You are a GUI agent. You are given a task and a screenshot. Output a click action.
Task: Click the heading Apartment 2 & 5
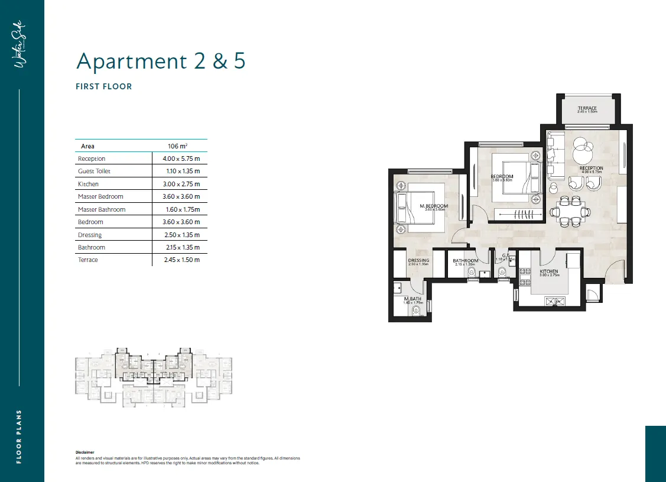coord(161,61)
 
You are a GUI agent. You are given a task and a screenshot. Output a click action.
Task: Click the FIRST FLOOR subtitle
coord(104,86)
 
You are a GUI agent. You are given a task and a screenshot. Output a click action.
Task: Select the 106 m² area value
coord(178,146)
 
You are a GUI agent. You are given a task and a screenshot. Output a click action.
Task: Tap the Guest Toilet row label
coord(94,171)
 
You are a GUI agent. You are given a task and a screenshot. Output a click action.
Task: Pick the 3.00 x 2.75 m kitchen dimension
coord(181,184)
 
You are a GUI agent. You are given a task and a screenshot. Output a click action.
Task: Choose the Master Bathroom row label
coord(102,209)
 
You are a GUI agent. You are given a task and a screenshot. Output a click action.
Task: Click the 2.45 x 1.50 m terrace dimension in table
coord(181,260)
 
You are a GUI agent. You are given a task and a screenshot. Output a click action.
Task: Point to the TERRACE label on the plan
coord(587,108)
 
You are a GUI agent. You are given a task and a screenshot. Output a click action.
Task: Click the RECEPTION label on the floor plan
coord(591,169)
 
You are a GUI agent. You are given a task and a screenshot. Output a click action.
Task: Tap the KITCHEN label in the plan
coord(549,271)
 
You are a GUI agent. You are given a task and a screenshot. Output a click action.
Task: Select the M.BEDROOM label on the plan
coord(434,206)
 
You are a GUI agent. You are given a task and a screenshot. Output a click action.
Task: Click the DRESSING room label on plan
coord(418,260)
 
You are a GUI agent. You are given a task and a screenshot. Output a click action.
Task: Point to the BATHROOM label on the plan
coord(466,261)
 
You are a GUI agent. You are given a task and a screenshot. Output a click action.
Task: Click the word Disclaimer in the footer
coord(85,452)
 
